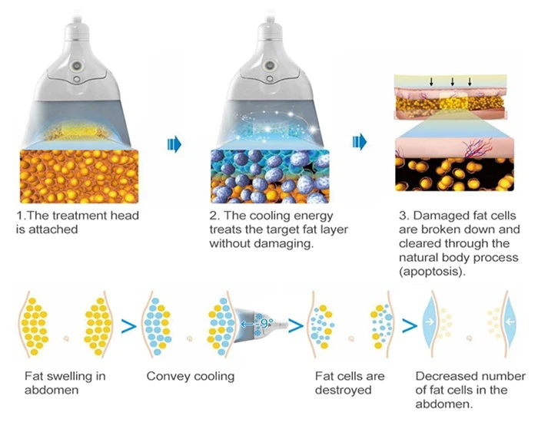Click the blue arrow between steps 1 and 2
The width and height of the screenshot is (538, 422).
pyautogui.click(x=174, y=144)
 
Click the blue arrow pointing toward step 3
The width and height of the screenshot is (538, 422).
pyautogui.click(x=359, y=141)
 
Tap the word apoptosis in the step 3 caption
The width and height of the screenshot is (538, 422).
pyautogui.click(x=430, y=272)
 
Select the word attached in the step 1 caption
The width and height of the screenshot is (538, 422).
pyautogui.click(x=53, y=229)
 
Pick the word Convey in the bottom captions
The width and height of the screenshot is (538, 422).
pyautogui.click(x=167, y=376)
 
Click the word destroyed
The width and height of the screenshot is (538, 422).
pyautogui.click(x=343, y=390)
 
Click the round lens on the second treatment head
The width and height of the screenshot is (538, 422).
pyautogui.click(x=270, y=64)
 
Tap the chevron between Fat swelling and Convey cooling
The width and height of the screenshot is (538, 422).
pyautogui.click(x=128, y=326)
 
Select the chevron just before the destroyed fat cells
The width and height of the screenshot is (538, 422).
pyautogui.click(x=296, y=326)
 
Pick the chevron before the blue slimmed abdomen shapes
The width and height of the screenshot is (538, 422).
pyautogui.click(x=410, y=326)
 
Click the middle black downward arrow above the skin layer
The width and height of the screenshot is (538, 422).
pyautogui.click(x=452, y=81)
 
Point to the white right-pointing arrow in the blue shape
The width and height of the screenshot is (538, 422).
pyautogui.click(x=429, y=321)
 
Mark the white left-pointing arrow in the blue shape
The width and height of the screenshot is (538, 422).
pyautogui.click(x=510, y=321)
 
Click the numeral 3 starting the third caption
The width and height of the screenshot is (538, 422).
pyautogui.click(x=403, y=216)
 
